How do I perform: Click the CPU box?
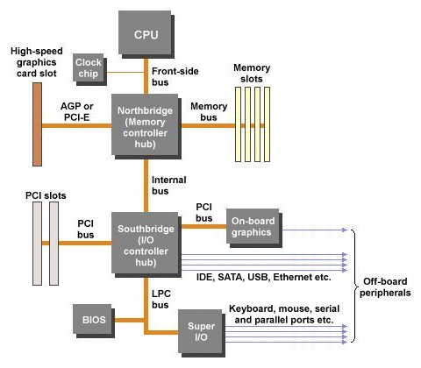point(146,35)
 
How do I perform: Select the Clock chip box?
point(88,67)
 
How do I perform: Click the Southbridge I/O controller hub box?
point(146,242)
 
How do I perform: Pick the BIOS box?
point(92,320)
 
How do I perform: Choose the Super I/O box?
point(201,332)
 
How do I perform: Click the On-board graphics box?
point(253,226)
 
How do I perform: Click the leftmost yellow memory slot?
point(237,124)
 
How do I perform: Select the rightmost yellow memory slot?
point(268,124)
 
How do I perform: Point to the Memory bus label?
point(209,111)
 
